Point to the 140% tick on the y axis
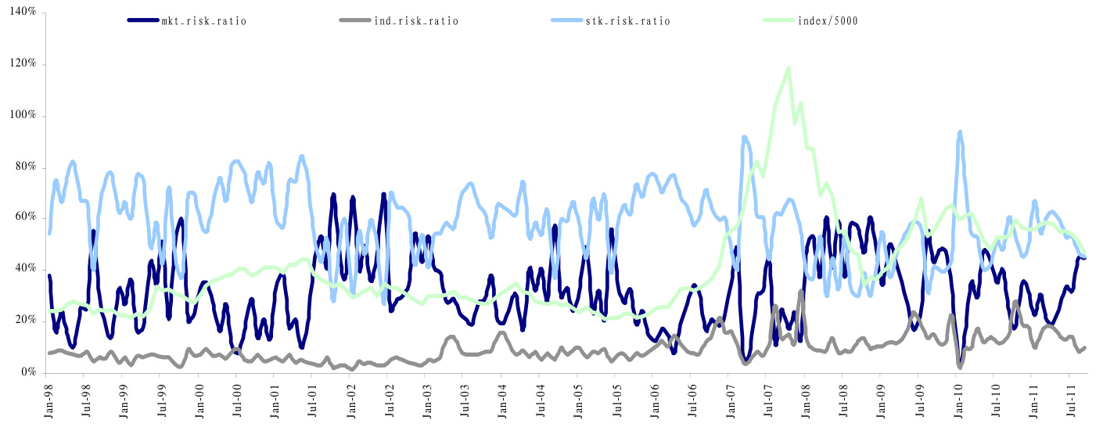coord(23,13)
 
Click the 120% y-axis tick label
coord(23,64)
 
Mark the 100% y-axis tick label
coord(23,116)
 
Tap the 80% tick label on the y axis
coord(25,167)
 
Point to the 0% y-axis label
coord(28,373)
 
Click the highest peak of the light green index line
coord(789,68)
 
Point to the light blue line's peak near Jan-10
coord(960,132)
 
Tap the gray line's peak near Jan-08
coord(801,292)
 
